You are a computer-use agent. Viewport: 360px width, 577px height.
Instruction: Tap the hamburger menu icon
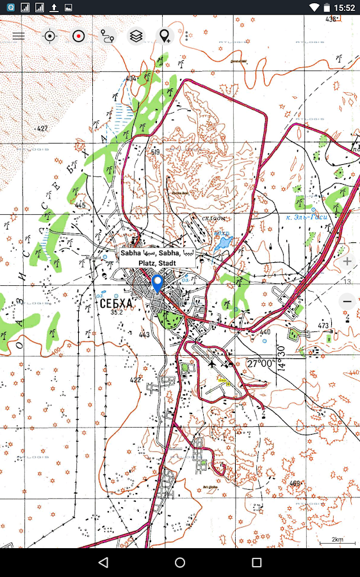19,36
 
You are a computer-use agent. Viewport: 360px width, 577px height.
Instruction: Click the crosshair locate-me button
49,36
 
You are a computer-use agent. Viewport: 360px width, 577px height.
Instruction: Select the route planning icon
108,36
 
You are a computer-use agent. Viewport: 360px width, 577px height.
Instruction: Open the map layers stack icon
136,36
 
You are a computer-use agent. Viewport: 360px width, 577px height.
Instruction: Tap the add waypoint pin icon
165,36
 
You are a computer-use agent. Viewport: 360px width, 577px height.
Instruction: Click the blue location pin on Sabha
157,282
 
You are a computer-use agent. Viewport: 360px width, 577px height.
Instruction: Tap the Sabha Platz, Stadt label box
157,258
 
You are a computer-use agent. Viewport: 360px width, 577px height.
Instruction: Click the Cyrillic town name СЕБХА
116,303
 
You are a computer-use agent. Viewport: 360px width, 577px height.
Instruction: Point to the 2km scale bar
337,540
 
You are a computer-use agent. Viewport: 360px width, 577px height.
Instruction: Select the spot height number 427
42,129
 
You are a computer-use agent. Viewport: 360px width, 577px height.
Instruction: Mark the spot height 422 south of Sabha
135,380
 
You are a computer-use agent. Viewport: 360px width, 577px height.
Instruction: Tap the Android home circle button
180,562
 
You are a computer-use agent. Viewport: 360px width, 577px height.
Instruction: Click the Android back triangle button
103,562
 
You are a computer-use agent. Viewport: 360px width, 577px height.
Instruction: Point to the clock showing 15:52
344,8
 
